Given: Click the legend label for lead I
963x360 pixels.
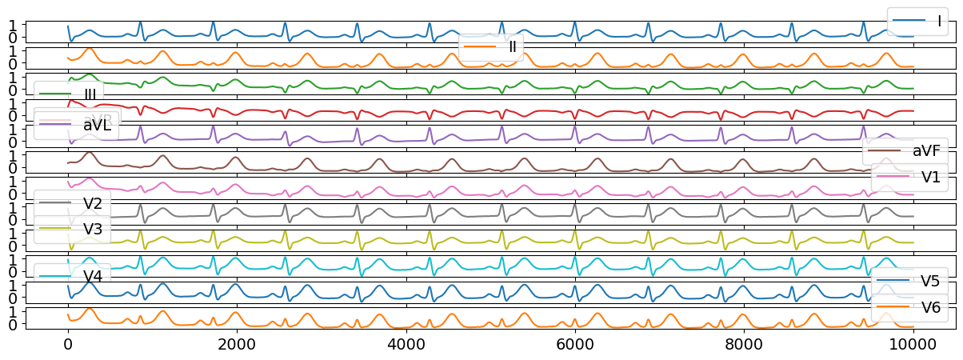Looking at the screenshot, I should pos(933,21).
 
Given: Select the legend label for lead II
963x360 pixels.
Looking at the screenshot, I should pos(512,47).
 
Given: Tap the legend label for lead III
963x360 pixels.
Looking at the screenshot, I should pos(90,94).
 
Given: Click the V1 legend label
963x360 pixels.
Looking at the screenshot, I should pos(931,178).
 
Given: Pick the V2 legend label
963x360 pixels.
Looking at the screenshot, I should pos(93,202).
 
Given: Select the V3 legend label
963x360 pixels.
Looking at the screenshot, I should pos(93,229).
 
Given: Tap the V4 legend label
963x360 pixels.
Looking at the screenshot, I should pos(93,275).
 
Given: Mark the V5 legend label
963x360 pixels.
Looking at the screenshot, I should pos(930,281).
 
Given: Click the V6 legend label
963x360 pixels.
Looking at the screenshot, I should pos(930,307).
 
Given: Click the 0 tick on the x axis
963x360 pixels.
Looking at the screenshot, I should pos(68,346).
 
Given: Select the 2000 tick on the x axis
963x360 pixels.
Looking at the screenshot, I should pos(237,346).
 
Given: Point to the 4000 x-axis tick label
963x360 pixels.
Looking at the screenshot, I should pos(406,346).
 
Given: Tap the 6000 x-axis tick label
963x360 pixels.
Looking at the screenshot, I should pos(575,346).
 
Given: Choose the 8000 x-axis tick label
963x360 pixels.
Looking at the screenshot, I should pos(744,346).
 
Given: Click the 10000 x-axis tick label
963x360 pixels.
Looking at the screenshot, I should pos(913,346).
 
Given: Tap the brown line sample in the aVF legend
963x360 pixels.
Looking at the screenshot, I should pos(882,150).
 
